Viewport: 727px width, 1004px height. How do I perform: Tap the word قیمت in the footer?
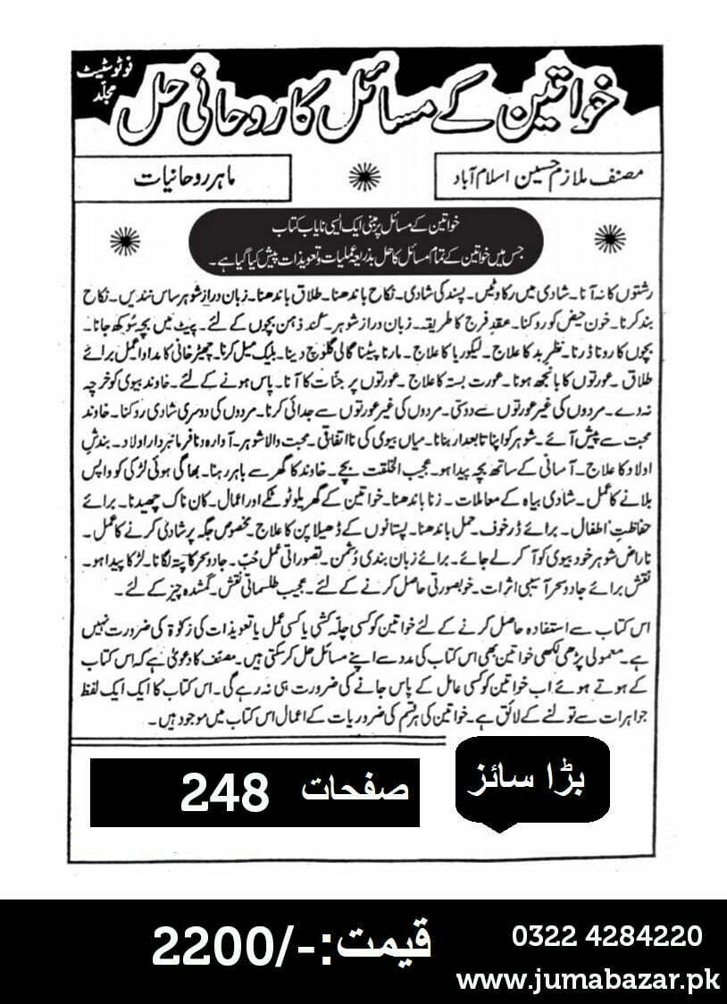click(384, 945)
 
